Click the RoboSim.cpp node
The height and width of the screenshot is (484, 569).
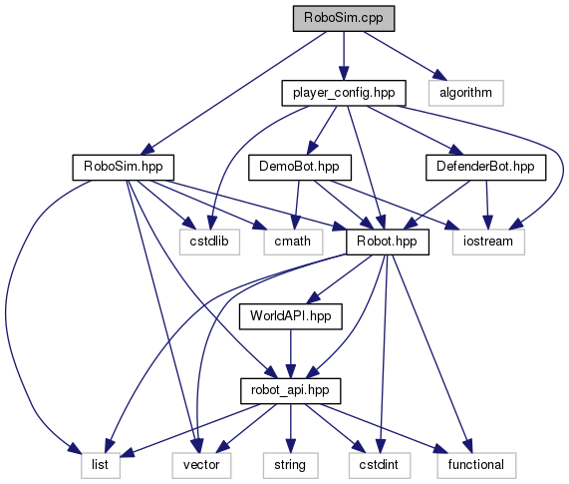(344, 18)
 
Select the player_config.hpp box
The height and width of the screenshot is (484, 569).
(344, 93)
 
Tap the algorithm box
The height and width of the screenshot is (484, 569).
(466, 93)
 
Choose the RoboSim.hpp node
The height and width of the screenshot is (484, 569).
(124, 168)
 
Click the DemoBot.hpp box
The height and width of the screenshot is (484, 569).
(300, 168)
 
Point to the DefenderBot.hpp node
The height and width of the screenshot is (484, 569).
(485, 168)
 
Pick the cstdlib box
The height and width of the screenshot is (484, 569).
(209, 242)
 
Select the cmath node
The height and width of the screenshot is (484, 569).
(293, 242)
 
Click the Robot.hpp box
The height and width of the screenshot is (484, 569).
(388, 242)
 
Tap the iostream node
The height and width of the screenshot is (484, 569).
(488, 242)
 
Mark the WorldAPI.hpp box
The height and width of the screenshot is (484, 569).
(290, 317)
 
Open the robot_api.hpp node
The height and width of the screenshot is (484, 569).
(290, 391)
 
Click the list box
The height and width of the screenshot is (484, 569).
(101, 465)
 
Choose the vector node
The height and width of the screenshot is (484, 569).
(201, 465)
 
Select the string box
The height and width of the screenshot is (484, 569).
(290, 465)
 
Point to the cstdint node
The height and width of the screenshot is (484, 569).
(380, 465)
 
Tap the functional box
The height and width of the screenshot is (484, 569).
(476, 465)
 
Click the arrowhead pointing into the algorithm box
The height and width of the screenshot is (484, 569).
(438, 75)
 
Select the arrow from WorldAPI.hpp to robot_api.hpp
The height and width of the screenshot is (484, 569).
(290, 354)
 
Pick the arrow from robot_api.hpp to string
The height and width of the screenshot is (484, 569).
(290, 428)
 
